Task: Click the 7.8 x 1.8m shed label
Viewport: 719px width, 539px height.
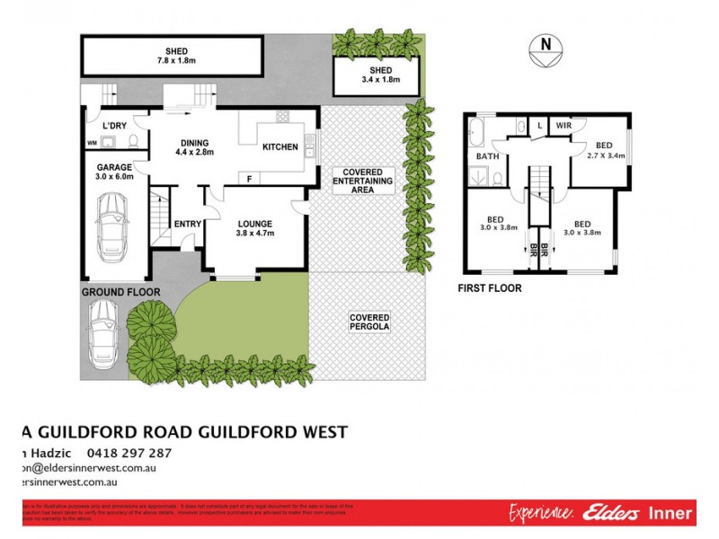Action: coord(175,57)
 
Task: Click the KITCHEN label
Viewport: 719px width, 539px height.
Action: coord(280,147)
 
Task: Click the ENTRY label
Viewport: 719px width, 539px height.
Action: coord(188,224)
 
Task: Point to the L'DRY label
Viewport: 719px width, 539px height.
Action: coord(113,125)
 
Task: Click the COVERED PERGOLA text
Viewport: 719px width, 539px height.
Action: coord(368,321)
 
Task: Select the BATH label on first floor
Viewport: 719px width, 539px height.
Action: coord(487,156)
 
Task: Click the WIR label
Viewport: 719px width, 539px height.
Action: coord(563,127)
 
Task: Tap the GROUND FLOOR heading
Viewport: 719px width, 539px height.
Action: coord(120,292)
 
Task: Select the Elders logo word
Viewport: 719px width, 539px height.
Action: coord(610,514)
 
